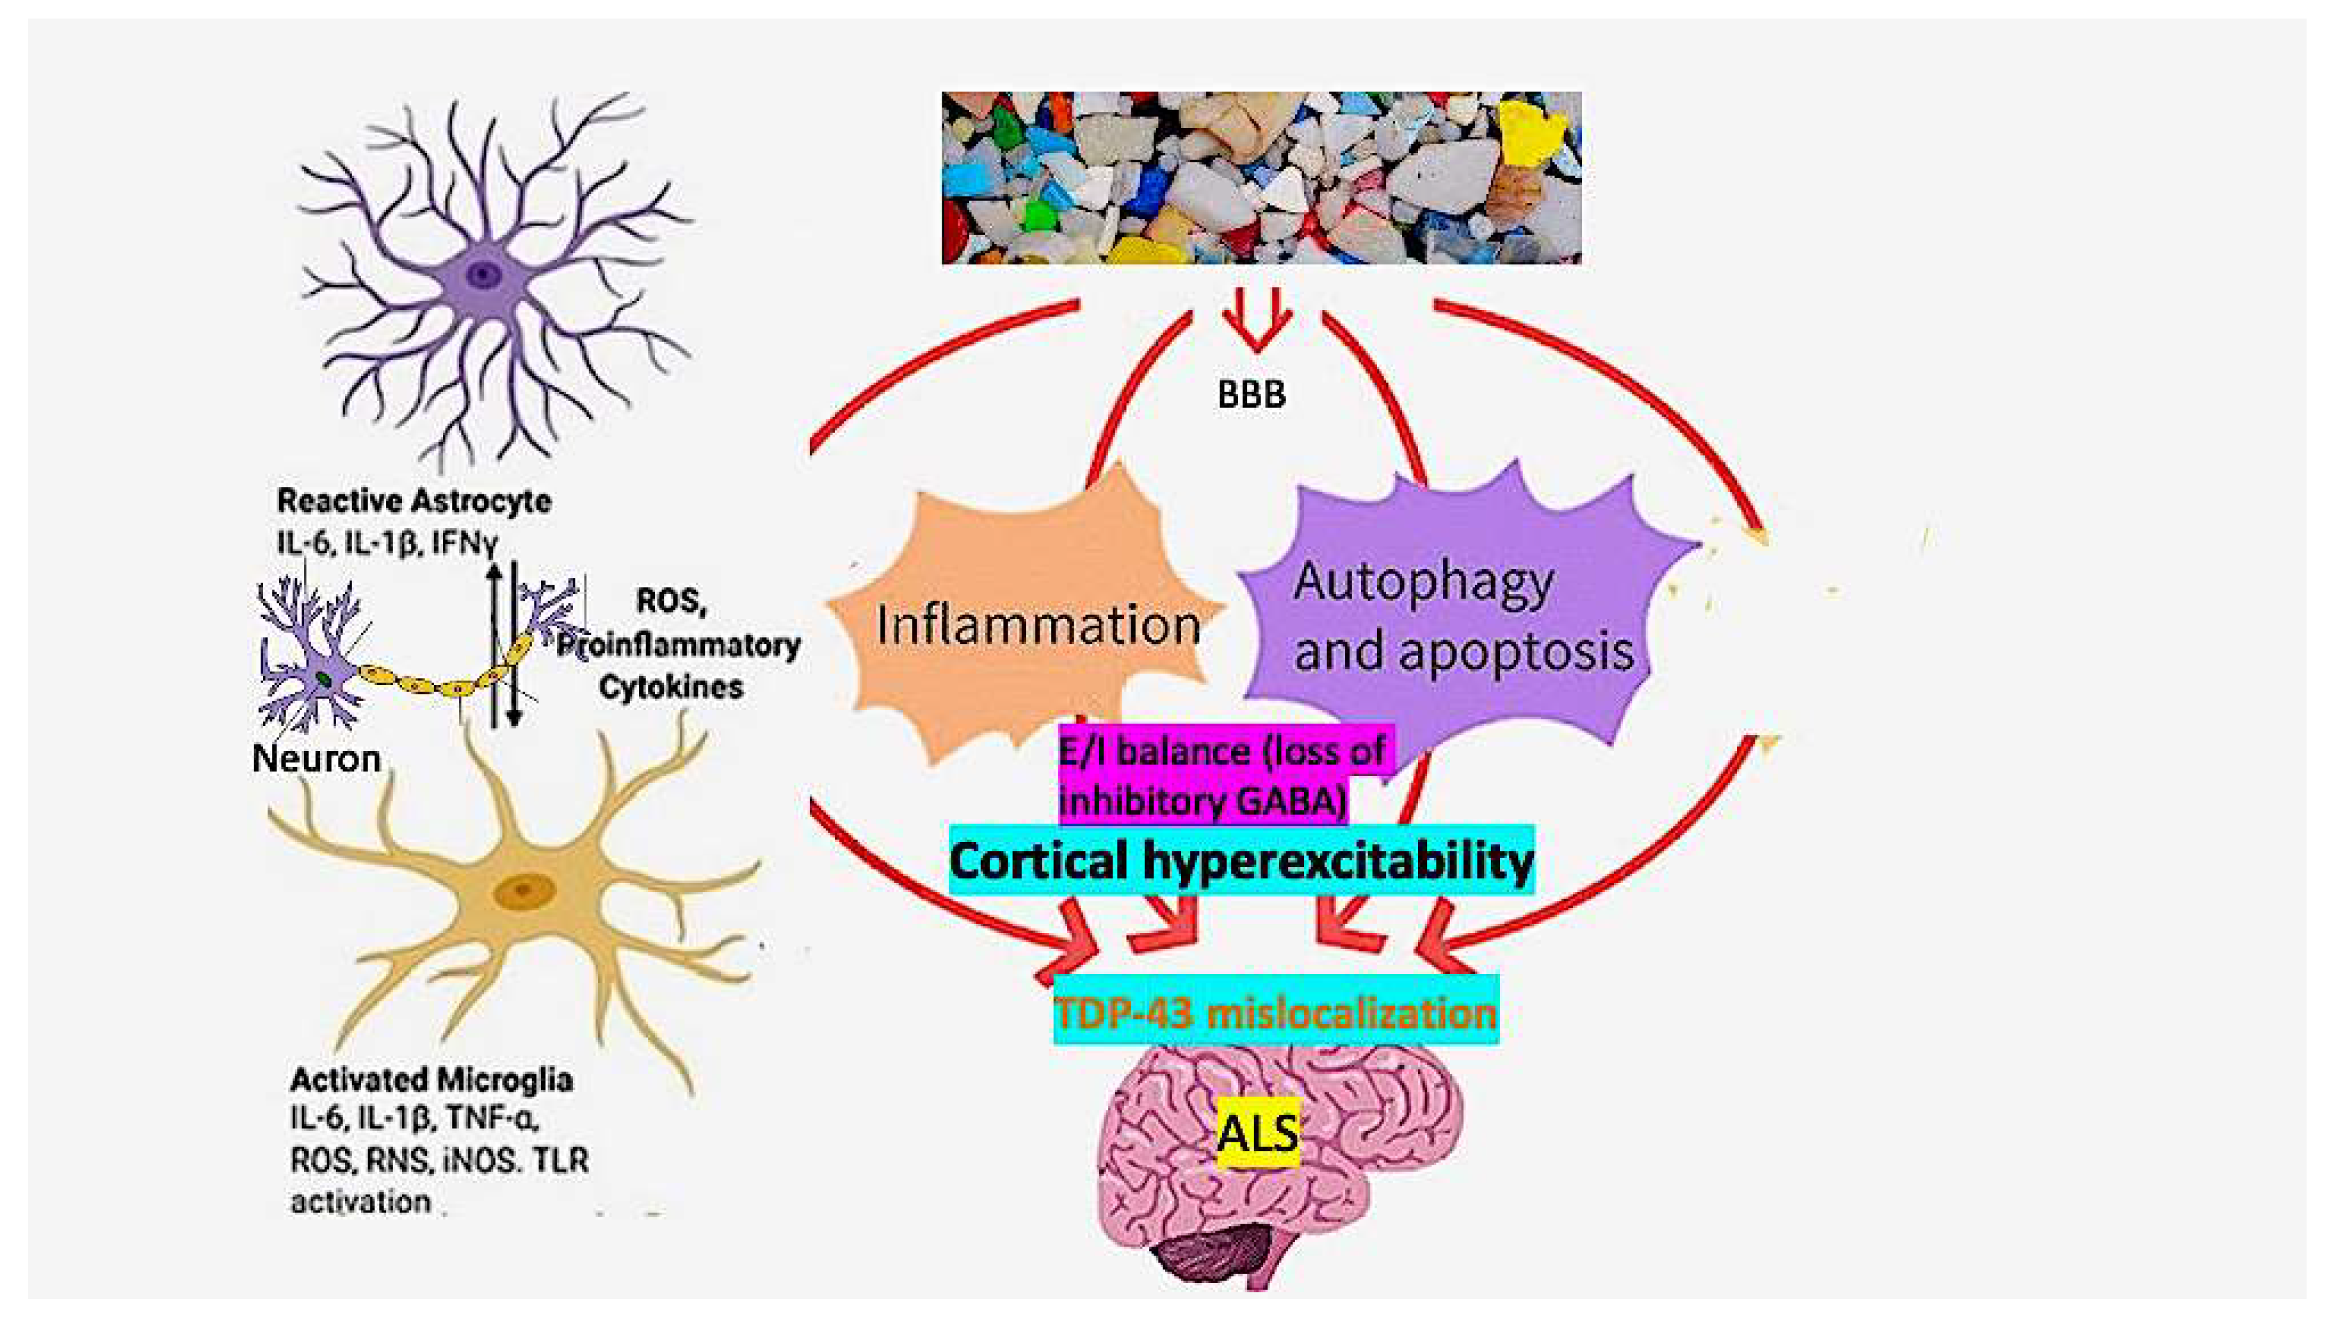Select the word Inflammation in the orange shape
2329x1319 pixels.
pyautogui.click(x=1038, y=625)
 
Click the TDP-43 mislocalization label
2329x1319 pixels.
pyautogui.click(x=1275, y=1012)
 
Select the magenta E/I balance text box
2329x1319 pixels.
pyautogui.click(x=1223, y=775)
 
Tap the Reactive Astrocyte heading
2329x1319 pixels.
pyautogui.click(x=414, y=501)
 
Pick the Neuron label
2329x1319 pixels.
pyautogui.click(x=316, y=758)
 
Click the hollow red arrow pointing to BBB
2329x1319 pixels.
pyautogui.click(x=1255, y=326)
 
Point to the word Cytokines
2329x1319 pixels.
pyautogui.click(x=671, y=688)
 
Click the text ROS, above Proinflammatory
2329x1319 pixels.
pyautogui.click(x=671, y=601)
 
